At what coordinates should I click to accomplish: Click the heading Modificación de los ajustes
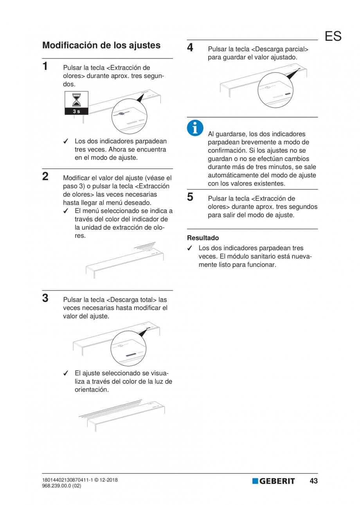[101, 45]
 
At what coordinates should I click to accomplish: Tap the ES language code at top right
[333, 36]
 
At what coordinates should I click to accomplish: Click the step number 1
[46, 66]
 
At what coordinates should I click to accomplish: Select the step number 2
[46, 176]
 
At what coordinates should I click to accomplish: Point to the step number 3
[46, 298]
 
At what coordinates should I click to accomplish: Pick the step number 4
[191, 48]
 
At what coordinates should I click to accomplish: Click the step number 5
[191, 197]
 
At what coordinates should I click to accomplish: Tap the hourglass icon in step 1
[76, 100]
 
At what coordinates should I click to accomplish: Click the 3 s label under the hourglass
[76, 112]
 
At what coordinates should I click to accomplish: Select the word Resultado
[203, 238]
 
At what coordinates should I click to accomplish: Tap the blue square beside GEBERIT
[255, 481]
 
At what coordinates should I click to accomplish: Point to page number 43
[313, 481]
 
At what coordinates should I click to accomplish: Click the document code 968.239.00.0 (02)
[62, 486]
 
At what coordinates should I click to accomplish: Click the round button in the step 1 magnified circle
[122, 114]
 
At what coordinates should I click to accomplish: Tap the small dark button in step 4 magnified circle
[288, 94]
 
